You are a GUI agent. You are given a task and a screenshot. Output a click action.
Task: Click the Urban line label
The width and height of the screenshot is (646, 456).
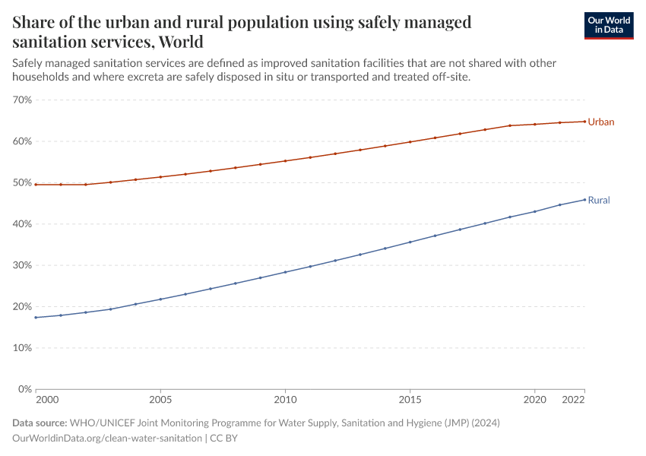click(x=600, y=122)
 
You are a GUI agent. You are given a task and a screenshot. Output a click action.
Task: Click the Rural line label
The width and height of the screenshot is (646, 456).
click(x=599, y=201)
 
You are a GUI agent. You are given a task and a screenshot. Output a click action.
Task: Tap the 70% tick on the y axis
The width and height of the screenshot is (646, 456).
click(x=22, y=100)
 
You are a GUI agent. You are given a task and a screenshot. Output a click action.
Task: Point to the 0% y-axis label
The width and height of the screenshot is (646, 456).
click(x=24, y=389)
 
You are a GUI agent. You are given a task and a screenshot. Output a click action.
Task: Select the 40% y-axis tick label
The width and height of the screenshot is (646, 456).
click(x=22, y=224)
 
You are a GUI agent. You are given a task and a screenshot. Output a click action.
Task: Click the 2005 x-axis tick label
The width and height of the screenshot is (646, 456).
click(x=160, y=399)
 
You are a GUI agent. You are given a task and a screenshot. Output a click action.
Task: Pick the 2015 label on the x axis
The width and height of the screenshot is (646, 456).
click(x=410, y=399)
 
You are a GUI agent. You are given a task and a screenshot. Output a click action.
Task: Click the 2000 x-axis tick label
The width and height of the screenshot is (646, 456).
click(x=46, y=399)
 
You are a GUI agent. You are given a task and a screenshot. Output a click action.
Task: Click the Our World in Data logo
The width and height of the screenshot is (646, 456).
click(x=608, y=26)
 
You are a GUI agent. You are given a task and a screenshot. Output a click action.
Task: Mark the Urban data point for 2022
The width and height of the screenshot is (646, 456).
click(x=584, y=122)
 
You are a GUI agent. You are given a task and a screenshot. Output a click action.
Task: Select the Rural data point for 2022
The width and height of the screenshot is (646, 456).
click(x=584, y=200)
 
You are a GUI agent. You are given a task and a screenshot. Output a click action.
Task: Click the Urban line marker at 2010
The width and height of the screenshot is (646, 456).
click(x=285, y=161)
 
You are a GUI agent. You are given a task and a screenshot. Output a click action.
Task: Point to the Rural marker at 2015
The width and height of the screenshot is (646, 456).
click(x=410, y=242)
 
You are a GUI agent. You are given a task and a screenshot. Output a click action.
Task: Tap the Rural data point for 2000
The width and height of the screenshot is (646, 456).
click(x=36, y=318)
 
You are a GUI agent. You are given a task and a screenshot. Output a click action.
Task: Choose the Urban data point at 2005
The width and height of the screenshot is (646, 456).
click(x=160, y=177)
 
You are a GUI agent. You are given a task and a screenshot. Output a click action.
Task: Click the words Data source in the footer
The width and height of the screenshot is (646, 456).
click(x=40, y=423)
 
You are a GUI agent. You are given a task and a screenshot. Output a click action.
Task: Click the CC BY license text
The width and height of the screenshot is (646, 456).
click(x=228, y=439)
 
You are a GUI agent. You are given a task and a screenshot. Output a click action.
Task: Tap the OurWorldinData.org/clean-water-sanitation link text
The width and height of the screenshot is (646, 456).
click(x=107, y=439)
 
